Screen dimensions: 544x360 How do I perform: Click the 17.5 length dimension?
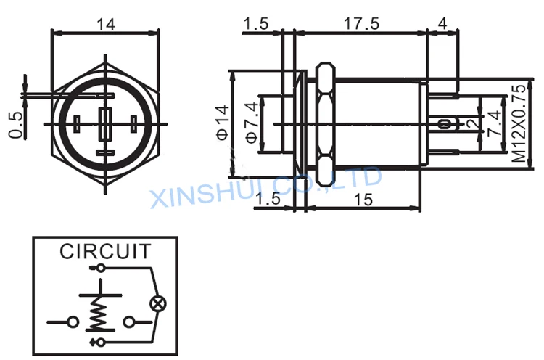[x=361, y=24]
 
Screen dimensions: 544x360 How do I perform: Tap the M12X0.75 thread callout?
[x=519, y=123]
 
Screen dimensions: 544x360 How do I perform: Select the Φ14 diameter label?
[x=223, y=123]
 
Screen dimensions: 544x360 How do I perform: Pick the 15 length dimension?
[x=363, y=200]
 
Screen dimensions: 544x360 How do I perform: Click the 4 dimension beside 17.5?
[x=442, y=24]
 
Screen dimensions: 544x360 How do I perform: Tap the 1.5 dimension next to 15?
[x=268, y=199]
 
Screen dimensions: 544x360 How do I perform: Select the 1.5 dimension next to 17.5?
[x=256, y=24]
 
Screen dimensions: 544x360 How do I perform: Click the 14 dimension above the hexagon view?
[x=105, y=25]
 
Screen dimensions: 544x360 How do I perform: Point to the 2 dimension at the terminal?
[x=472, y=123]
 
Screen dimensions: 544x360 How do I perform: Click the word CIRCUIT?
[x=105, y=251]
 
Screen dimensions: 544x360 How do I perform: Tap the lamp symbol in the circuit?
[x=158, y=304]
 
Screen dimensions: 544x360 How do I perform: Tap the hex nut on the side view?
[x=326, y=123]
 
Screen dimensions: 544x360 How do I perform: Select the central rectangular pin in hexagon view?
[x=105, y=124]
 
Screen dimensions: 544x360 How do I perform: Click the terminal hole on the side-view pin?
[x=443, y=124]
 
